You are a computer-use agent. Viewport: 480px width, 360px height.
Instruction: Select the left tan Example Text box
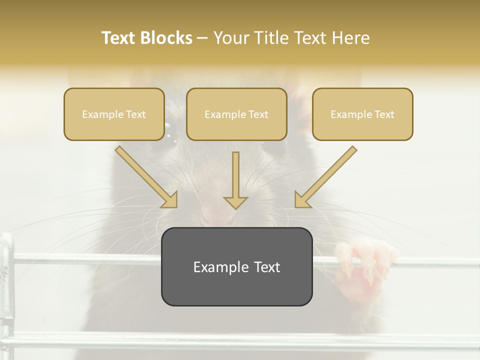114,114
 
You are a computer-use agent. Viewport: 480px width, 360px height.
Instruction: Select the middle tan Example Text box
236,114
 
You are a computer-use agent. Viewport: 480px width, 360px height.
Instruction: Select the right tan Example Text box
362,114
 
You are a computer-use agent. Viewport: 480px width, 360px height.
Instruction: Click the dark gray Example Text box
236,266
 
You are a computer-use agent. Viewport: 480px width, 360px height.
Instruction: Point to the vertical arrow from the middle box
235,180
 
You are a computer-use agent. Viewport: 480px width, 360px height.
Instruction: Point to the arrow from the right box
325,177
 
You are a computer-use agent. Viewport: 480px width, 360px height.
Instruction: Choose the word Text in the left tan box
135,114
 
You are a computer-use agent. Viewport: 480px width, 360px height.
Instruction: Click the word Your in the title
231,38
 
